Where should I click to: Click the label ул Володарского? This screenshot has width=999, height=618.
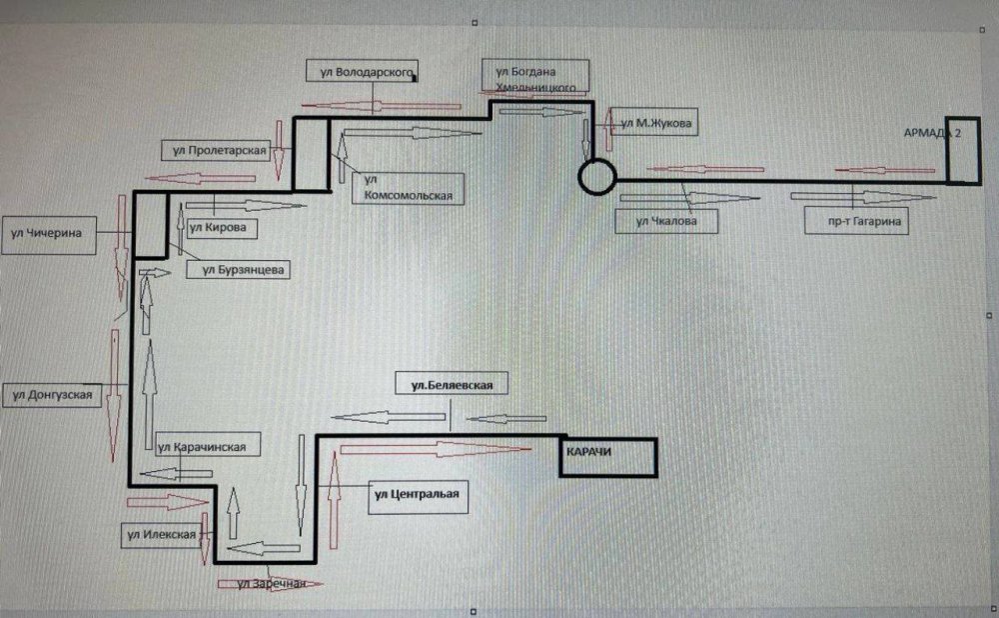click(362, 72)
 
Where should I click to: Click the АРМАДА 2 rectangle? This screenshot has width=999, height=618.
click(963, 154)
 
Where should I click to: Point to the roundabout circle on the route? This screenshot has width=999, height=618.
click(597, 176)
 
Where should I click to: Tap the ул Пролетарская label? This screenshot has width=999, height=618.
click(217, 150)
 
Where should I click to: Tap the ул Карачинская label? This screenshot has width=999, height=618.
click(208, 447)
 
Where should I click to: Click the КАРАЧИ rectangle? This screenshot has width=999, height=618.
click(606, 457)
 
